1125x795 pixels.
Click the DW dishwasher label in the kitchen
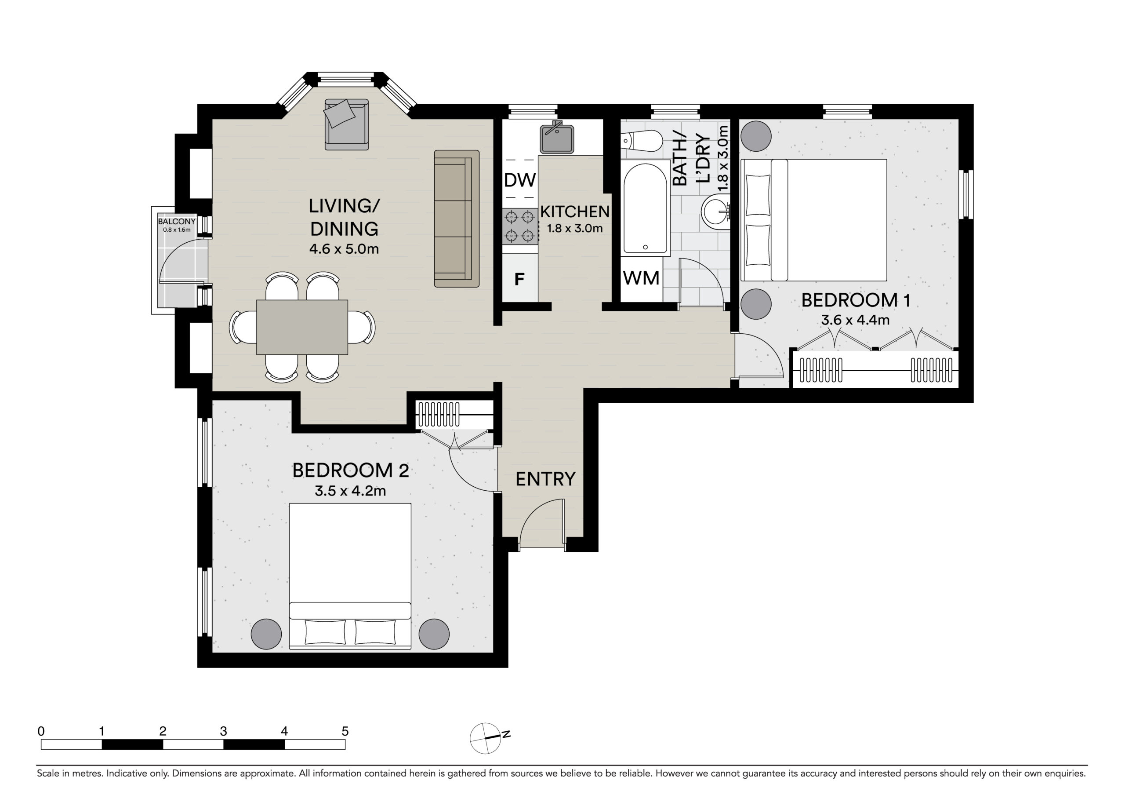520,180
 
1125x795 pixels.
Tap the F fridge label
519,279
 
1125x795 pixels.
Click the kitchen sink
557,138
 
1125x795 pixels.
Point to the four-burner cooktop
520,226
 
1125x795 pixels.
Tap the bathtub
645,208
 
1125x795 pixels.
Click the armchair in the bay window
346,124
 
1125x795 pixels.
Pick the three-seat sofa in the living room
457,219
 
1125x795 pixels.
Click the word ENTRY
545,479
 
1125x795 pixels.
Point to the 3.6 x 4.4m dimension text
855,320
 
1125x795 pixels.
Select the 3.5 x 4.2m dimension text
350,491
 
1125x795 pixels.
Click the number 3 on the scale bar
223,732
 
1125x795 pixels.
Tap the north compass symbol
487,738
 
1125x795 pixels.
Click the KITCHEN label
575,212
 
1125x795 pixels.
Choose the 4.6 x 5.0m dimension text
344,249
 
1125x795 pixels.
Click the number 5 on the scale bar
345,732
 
